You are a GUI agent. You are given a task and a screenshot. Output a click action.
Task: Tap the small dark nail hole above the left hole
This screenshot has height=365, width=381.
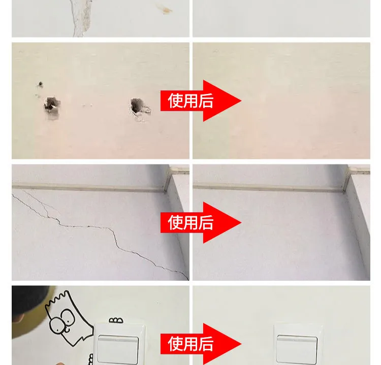coord(40,84)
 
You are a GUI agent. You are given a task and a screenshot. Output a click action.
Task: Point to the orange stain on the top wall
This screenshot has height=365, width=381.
coord(165,9)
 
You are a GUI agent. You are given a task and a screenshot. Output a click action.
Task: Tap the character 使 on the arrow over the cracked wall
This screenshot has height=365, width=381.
coord(175,222)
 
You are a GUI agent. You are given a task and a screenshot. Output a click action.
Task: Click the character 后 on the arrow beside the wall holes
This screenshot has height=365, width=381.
coord(206,101)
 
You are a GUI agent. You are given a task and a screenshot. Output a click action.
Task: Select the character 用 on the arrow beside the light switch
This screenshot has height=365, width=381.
coord(190,344)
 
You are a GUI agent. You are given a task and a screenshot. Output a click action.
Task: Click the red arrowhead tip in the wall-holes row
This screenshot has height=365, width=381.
coord(241,101)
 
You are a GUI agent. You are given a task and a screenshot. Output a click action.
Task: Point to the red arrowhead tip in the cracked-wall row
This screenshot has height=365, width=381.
coord(241,222)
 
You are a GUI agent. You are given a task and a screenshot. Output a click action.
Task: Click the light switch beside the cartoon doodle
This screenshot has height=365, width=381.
coord(118,344)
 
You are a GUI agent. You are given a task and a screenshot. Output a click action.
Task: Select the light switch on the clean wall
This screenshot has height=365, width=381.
coord(297,344)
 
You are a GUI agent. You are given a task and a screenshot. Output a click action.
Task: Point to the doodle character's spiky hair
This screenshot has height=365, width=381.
coord(57,300)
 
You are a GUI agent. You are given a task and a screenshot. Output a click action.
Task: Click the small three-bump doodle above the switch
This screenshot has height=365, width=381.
coord(116,320)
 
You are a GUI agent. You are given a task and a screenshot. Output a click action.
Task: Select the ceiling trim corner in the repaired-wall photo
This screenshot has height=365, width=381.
coord(344,189)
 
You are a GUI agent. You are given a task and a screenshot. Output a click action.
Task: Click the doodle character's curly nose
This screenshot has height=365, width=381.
coord(67,330)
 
